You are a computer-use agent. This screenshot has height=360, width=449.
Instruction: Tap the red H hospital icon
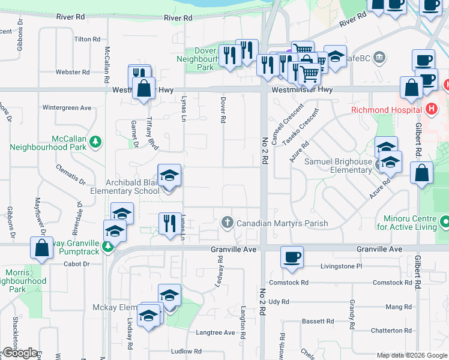tap(430, 109)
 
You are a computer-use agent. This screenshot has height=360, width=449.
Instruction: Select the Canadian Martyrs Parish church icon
tap(227, 223)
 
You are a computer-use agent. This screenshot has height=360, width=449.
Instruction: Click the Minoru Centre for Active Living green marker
tap(444, 223)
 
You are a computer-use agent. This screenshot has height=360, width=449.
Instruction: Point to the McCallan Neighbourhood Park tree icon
tap(95, 142)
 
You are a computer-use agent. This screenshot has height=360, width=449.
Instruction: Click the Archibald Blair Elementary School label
tap(125, 187)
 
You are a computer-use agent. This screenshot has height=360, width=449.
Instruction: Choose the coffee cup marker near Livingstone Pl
tap(292, 256)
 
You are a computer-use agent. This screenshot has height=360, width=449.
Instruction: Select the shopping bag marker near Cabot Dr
tap(42, 249)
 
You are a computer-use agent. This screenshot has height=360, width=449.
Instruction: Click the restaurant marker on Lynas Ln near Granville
tap(170, 224)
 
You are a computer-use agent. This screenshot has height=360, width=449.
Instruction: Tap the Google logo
tap(19, 353)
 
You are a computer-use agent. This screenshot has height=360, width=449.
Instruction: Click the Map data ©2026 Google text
tap(411, 355)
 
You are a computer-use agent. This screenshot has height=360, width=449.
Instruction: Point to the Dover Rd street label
tap(223, 110)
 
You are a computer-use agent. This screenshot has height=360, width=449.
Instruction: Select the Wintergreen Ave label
tap(67, 108)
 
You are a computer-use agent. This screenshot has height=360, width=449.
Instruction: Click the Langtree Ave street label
tap(215, 332)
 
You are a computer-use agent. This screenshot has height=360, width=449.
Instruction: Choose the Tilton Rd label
tap(87, 39)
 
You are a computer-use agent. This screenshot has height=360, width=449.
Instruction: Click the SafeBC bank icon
tap(379, 58)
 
